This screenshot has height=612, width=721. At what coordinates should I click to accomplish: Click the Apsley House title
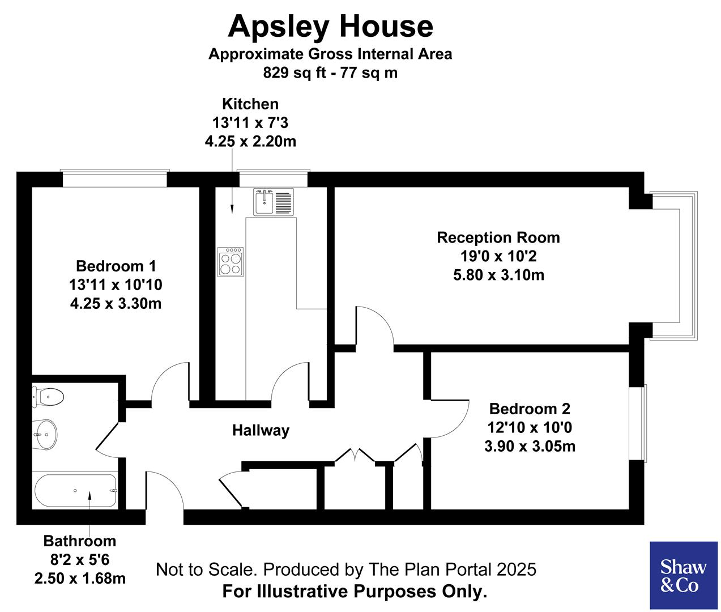pos(330,27)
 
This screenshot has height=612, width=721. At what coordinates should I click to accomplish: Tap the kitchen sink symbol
pos(274,202)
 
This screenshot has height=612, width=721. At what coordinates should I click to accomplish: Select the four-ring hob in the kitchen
pos(231,262)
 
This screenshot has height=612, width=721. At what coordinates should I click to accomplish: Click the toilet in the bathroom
pos(48,396)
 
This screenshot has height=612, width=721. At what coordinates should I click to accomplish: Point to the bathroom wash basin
pos(45,435)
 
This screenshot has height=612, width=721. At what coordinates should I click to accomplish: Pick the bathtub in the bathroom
pos(76,491)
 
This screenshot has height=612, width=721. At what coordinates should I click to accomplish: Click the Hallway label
pos(261,431)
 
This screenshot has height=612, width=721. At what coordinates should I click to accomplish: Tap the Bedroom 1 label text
pos(116,266)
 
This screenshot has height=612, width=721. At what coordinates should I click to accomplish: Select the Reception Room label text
pos(498,237)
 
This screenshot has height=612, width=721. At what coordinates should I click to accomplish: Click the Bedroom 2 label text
pos(530,409)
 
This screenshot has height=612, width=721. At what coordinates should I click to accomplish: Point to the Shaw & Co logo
pos(684,575)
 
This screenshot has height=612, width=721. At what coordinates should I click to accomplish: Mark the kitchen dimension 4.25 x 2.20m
pos(250,141)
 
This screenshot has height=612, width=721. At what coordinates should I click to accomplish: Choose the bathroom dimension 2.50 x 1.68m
pos(80,579)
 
